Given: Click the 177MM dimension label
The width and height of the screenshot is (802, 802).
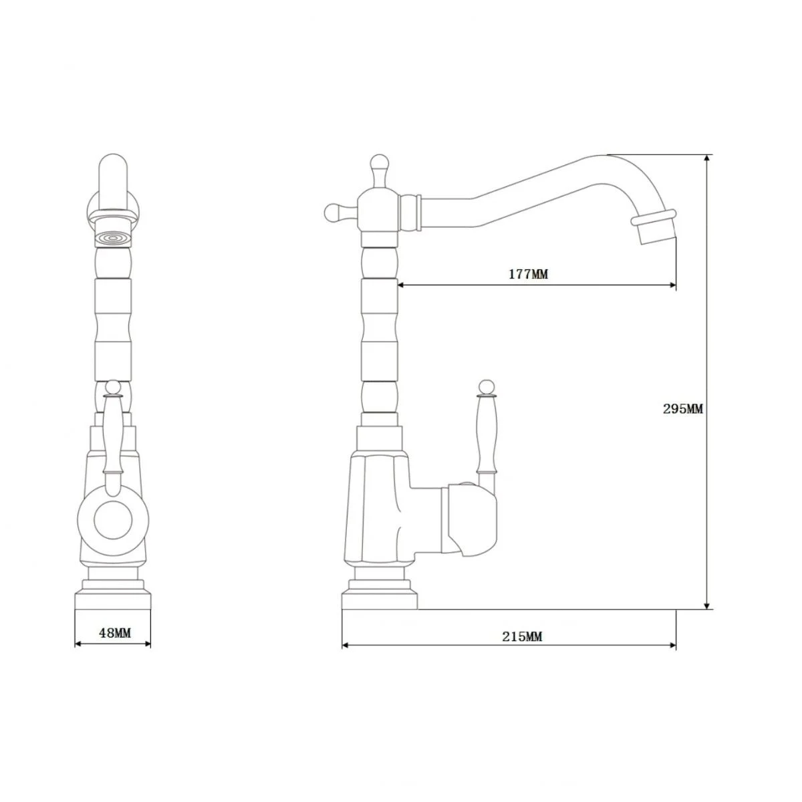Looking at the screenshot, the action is click(x=528, y=274).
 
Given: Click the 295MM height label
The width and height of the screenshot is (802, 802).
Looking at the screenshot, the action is click(x=682, y=409).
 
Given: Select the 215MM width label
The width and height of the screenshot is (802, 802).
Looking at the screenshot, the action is click(x=522, y=637).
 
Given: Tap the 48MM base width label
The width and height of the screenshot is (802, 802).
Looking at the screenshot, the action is click(x=115, y=633).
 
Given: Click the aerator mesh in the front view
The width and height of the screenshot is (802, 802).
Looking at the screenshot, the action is click(x=113, y=239).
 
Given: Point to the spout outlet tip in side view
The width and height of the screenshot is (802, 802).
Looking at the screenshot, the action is click(x=657, y=234).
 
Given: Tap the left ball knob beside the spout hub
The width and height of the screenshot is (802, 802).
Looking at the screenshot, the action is click(x=332, y=213).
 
